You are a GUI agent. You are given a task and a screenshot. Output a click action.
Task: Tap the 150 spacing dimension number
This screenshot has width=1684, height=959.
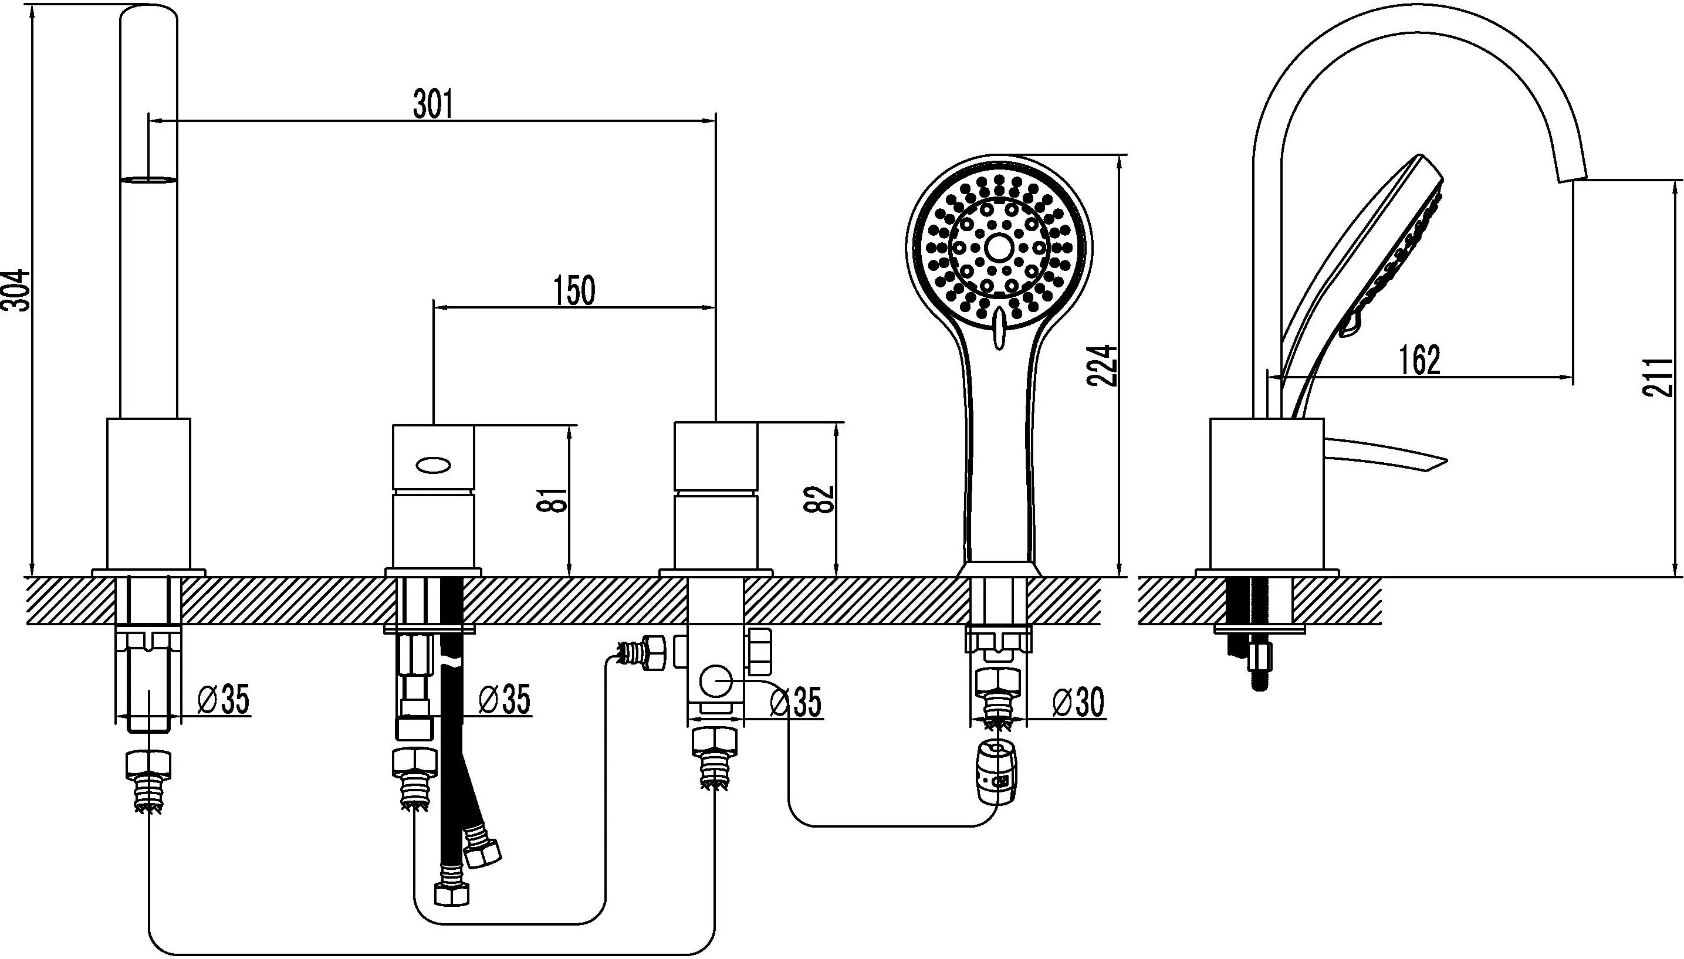(574, 291)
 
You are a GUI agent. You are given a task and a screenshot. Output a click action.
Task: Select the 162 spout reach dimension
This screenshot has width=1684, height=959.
(1420, 360)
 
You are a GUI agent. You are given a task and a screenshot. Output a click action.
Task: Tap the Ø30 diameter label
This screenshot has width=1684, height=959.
(1077, 702)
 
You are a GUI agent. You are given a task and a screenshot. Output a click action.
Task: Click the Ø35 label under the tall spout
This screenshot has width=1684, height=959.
(224, 700)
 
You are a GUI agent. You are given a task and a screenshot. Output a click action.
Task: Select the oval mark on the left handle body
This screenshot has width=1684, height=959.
(434, 466)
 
